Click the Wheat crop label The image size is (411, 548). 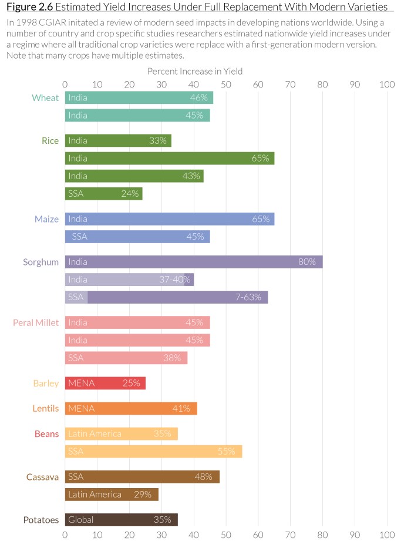point(45,98)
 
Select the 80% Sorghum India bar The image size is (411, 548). point(193,262)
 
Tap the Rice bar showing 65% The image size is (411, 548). point(169,159)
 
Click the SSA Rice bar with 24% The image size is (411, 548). point(103,193)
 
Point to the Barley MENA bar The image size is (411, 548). point(105,384)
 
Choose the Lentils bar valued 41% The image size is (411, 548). point(130,409)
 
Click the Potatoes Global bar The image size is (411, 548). point(121,520)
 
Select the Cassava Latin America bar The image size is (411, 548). point(111,495)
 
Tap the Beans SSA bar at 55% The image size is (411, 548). point(153,452)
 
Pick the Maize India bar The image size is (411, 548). point(169,219)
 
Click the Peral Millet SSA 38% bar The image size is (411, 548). point(126,358)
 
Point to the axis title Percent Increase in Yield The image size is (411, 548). point(195,71)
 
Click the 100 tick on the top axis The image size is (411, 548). point(386,85)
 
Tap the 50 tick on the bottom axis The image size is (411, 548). point(225,535)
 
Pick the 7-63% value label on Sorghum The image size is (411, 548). point(248,297)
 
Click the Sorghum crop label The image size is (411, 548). point(41,262)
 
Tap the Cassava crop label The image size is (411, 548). point(42,477)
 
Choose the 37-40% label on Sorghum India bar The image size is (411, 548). point(175,280)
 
